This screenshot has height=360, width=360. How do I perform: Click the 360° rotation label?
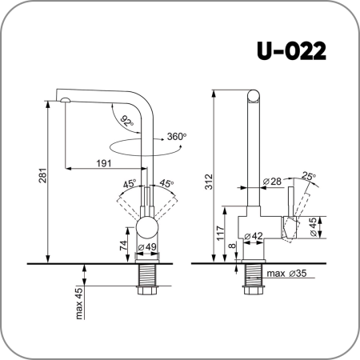pyautogui.click(x=176, y=137)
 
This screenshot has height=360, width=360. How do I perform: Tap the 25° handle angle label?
pyautogui.click(x=309, y=175)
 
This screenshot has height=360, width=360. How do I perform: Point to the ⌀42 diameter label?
pyautogui.click(x=254, y=236)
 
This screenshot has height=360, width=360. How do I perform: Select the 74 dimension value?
pyautogui.click(x=123, y=246)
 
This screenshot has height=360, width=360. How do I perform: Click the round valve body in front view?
pyautogui.click(x=148, y=226)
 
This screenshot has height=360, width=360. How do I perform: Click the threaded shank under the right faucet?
pyautogui.click(x=254, y=279)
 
